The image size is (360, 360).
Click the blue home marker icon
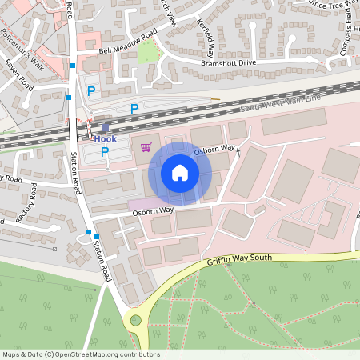180,173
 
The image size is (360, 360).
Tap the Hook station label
106,138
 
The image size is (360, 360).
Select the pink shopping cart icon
146,147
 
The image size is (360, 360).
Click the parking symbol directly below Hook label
105,151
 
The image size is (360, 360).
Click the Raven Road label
18,73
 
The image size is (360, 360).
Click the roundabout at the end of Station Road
135,321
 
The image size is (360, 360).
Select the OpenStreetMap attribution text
81,354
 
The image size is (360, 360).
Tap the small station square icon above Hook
105,126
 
